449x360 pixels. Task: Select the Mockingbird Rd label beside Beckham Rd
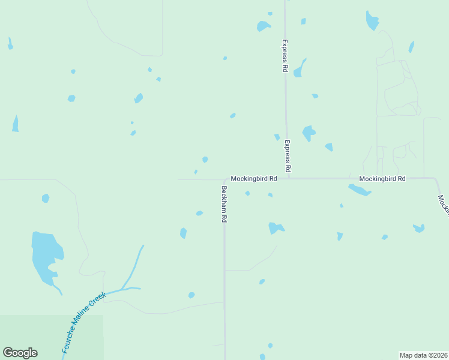(254, 179)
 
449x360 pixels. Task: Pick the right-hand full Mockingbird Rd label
(382, 179)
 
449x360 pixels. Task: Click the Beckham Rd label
(223, 204)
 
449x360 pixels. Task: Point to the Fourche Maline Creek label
(83, 322)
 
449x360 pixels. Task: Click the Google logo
(20, 353)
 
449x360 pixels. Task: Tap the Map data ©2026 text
(423, 355)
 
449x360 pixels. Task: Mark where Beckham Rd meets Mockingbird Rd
(225, 179)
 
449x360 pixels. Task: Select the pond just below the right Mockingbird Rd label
(360, 190)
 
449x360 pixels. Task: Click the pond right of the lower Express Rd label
(309, 133)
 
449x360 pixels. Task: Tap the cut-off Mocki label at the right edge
(444, 204)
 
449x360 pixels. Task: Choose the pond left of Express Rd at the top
(263, 26)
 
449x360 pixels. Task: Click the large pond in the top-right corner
(372, 21)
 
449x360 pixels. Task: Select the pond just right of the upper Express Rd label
(299, 68)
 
